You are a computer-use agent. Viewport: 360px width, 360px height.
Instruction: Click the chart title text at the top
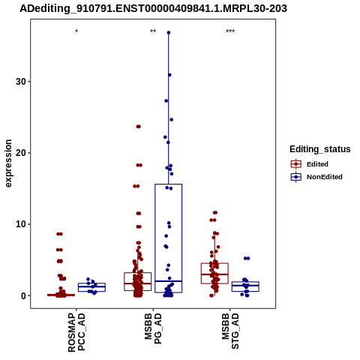153,8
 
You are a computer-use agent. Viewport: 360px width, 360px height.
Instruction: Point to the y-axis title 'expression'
8,163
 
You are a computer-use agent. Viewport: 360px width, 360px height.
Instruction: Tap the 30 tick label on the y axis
21,82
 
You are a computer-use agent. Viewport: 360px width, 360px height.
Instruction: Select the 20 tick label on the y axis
21,153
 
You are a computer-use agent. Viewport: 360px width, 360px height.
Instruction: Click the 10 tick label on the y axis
21,224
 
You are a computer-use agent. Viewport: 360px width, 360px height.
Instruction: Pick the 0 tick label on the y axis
24,295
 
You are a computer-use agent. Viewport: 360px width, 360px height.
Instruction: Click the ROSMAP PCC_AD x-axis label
76,332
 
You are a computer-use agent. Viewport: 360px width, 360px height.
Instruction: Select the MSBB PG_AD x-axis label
153,328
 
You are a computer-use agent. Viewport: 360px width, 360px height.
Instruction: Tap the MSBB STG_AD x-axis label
230,331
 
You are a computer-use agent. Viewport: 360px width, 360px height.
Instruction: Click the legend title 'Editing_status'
320,149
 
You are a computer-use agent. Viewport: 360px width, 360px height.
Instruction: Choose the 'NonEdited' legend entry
316,177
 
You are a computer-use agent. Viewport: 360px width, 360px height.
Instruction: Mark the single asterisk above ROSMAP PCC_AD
76,31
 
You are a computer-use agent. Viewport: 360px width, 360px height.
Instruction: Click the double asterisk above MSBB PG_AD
153,31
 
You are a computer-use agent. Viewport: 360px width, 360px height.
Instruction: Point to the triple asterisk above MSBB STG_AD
230,31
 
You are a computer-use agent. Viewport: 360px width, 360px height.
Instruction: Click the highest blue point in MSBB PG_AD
169,32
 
